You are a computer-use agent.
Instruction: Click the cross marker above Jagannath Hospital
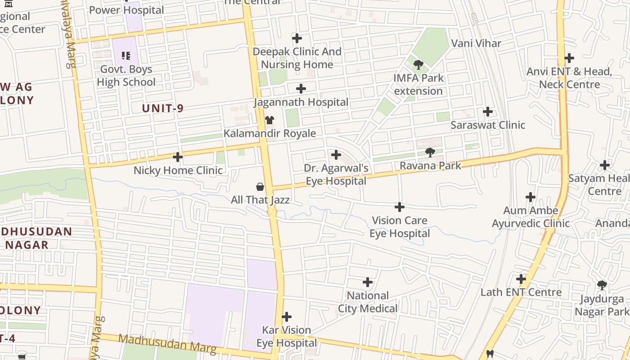point(301,89)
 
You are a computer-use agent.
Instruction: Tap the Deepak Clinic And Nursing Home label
point(297,58)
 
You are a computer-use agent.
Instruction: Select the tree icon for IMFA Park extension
point(418,64)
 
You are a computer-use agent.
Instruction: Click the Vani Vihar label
point(476,43)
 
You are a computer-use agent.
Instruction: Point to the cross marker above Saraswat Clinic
point(487,111)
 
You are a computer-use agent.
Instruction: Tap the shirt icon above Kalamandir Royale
point(270,120)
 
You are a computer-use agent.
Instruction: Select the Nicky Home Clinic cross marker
point(178,157)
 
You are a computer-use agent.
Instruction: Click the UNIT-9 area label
point(163,108)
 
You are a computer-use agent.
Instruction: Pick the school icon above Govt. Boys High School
point(126,56)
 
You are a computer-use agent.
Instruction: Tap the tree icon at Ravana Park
point(430,152)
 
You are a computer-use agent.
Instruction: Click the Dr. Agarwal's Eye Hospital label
point(336,175)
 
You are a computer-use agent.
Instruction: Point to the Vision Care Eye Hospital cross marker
point(399,207)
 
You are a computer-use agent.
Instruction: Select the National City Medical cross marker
point(368,282)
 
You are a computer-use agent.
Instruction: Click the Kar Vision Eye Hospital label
point(287,337)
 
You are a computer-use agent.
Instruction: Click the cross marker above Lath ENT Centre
point(521,279)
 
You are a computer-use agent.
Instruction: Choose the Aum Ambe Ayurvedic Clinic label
point(531,217)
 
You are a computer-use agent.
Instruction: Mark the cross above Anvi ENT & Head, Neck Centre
point(569,58)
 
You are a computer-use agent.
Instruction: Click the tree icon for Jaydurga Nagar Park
point(602,285)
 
